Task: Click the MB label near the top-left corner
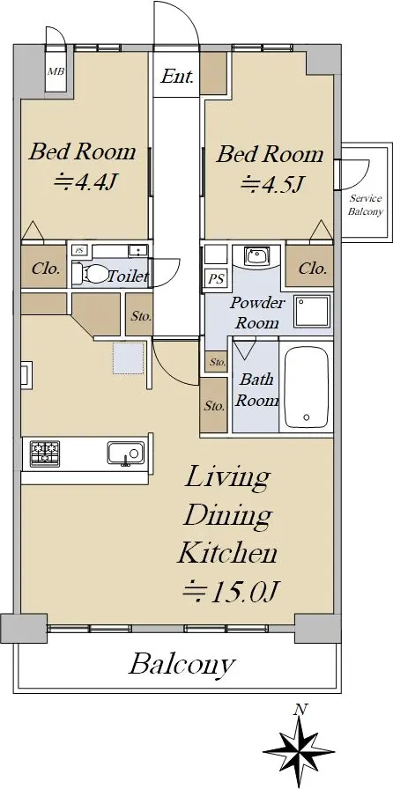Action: tap(56, 71)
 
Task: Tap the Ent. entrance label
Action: tap(177, 77)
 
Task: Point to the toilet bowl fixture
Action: tap(91, 274)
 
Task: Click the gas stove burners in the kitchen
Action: tap(45, 453)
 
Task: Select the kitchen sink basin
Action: tap(125, 453)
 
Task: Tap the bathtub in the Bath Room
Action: tap(307, 386)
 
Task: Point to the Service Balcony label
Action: tap(366, 205)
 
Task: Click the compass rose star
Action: tap(300, 752)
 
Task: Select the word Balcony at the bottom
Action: tap(182, 665)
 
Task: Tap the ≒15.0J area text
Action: tap(230, 591)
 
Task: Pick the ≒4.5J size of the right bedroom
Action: tap(271, 184)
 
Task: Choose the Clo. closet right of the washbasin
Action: tap(309, 268)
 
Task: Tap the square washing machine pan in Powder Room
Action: tap(313, 312)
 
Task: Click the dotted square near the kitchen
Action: tap(128, 358)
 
